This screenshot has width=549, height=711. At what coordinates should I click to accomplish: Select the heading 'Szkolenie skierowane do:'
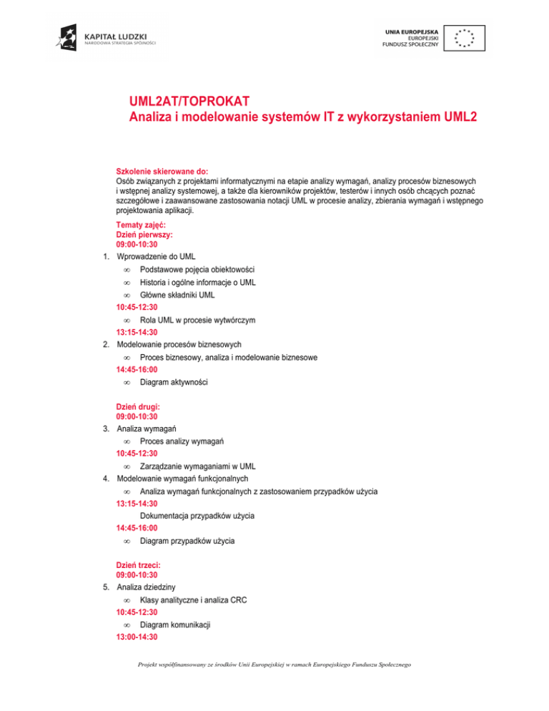click(162, 172)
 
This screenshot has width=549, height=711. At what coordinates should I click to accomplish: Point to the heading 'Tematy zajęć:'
click(142, 225)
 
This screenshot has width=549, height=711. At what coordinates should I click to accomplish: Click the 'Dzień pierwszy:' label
click(146, 235)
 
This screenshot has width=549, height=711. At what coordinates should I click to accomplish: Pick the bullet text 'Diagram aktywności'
click(174, 383)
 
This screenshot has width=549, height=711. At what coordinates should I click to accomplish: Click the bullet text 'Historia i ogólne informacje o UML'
click(198, 283)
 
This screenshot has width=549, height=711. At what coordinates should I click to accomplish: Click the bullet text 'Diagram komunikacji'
click(175, 624)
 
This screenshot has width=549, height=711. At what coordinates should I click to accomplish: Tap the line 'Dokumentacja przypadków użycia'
click(197, 516)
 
